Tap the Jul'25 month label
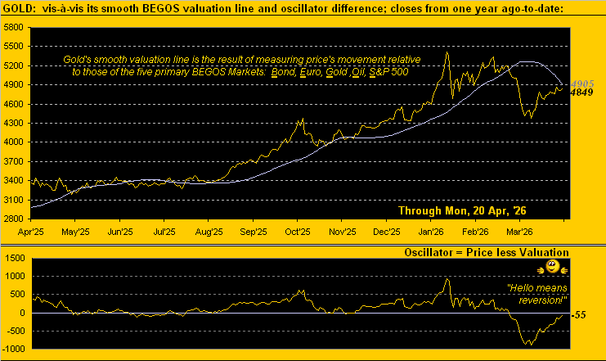[x=168, y=232]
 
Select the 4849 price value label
[x=583, y=93]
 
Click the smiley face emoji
[x=552, y=268]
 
